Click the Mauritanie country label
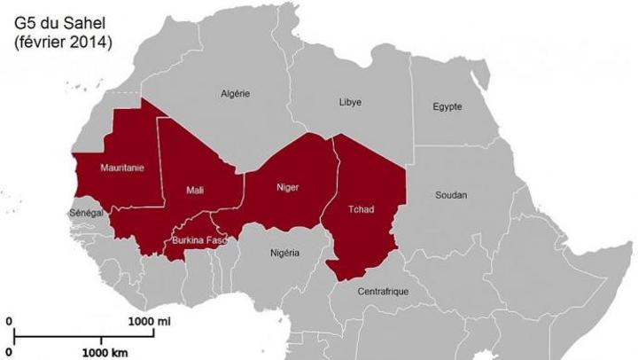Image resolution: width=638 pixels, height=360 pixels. point(122,166)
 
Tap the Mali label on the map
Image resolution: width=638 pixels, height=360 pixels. point(196,190)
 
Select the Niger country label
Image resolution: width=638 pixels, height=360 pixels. point(287,187)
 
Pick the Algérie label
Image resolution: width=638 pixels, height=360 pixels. point(236,93)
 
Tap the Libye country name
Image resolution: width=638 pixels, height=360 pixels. point(350,102)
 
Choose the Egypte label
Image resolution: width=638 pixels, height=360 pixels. point(447,106)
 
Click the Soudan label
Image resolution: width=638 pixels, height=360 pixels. point(451,194)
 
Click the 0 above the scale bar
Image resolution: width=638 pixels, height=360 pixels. point(9,322)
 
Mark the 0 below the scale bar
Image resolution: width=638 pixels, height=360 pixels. point(9,351)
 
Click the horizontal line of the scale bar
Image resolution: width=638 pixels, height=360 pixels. point(80,336)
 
